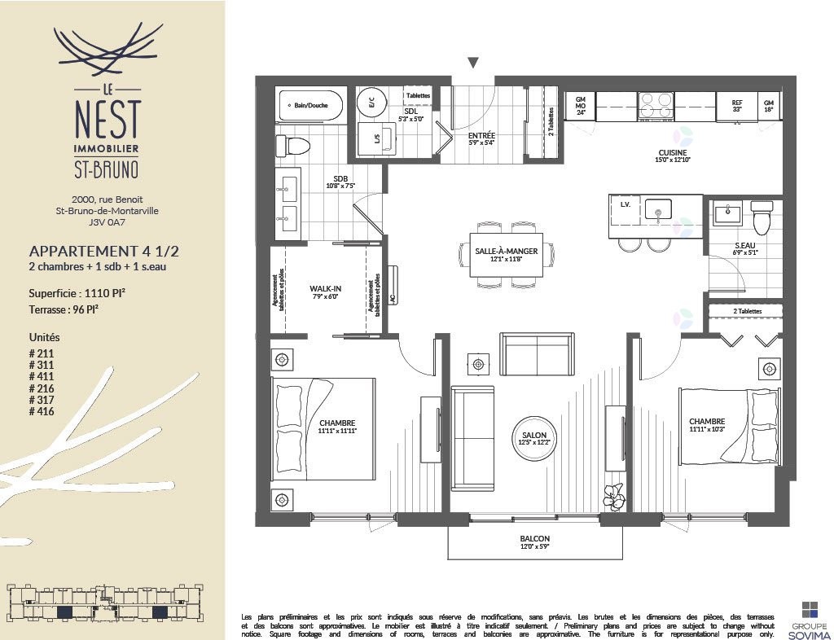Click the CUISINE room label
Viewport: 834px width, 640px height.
pyautogui.click(x=673, y=153)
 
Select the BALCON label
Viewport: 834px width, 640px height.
pyautogui.click(x=534, y=539)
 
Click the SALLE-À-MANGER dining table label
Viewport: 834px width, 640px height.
pyautogui.click(x=506, y=251)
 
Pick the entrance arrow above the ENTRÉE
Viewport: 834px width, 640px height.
pyautogui.click(x=473, y=63)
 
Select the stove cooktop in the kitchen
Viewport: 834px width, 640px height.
pyautogui.click(x=656, y=106)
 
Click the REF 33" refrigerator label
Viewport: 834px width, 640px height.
pyautogui.click(x=736, y=105)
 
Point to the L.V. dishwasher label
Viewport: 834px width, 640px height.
pyautogui.click(x=625, y=204)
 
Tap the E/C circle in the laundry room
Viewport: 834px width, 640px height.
pyautogui.click(x=372, y=103)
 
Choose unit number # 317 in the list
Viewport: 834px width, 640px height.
pyautogui.click(x=42, y=400)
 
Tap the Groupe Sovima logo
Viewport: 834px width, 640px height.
pyautogui.click(x=809, y=618)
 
